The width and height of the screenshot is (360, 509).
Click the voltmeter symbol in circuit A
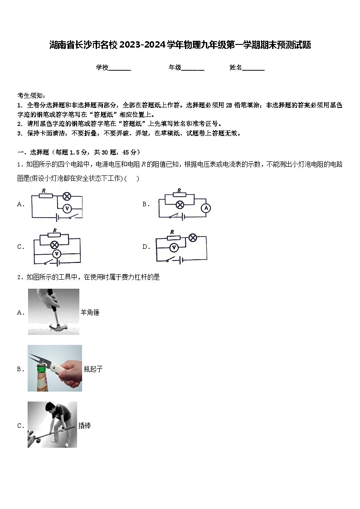pos(67,208)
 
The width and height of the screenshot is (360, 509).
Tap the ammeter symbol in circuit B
pos(206,208)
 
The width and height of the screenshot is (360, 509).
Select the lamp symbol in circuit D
pos(193,238)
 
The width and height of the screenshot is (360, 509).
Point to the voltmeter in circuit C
pos(57,254)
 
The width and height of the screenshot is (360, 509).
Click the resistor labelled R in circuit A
pos(45,196)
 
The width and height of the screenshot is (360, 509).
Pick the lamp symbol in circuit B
pos(180,204)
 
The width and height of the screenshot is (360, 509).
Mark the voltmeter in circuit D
pos(173,247)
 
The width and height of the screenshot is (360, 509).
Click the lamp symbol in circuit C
pos(55,245)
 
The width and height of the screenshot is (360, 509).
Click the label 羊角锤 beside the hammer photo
pos(90,312)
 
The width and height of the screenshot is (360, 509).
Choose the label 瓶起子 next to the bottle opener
pos(93,369)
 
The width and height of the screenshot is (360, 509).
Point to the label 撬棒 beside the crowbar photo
pos(84,426)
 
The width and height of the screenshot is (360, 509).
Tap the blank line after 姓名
pos(253,68)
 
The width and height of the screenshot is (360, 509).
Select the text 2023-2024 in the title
pos(136,45)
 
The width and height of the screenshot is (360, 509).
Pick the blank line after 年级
pos(193,68)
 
